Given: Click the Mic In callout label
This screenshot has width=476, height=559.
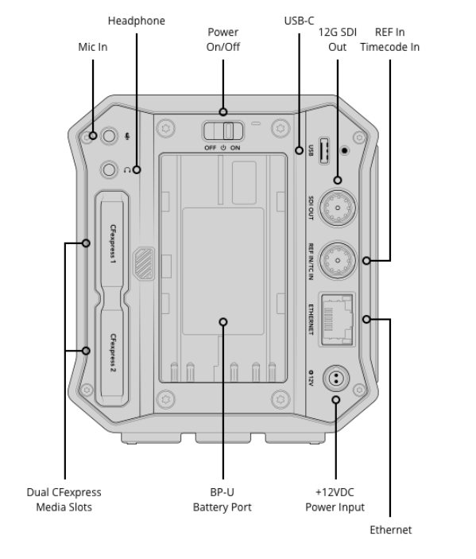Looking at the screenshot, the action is click(93, 47).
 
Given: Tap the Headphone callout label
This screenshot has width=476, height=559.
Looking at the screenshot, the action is click(137, 21).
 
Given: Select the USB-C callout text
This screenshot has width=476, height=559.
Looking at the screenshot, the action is click(299, 21).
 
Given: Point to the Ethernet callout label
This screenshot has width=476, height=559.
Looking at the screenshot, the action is click(390, 530).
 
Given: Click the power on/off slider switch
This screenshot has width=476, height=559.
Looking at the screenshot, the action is click(223, 131).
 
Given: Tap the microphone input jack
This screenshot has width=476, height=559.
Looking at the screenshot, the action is click(109, 136).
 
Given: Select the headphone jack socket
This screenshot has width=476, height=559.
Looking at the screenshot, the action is click(109, 169).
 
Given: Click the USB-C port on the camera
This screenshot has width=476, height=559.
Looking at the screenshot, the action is click(324, 151).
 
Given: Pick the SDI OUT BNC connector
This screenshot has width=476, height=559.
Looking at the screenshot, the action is click(337, 208).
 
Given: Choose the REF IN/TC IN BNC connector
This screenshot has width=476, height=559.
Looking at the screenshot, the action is click(337, 261).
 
